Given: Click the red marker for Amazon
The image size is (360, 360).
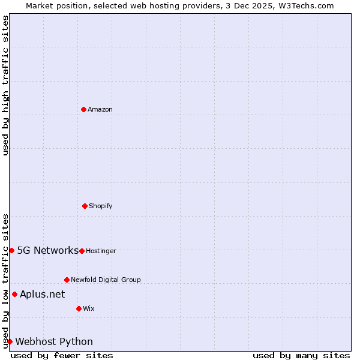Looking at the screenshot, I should point(83,109).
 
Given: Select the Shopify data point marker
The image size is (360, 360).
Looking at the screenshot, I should point(85,206).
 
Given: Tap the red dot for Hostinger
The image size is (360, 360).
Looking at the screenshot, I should point(82,251).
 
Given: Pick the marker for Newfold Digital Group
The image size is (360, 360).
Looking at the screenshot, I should point(67,280).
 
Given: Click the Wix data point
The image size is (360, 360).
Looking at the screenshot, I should point(79,308).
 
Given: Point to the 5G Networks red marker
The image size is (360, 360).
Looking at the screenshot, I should point(11,250).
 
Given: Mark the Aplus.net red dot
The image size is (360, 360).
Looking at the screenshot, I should point(14,294).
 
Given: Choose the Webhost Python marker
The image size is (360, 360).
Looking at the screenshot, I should point(10,341).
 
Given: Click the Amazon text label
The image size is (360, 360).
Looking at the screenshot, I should point(100,109).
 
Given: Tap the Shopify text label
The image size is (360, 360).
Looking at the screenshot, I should point(101,206).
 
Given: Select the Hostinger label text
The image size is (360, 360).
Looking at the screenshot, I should point(101,251).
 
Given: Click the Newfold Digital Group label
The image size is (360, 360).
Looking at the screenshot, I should point(106,280).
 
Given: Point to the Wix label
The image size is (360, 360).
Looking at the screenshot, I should point(89,308).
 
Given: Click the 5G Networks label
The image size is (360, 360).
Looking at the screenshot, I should point(47,250).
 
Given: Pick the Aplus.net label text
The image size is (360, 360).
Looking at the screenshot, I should point(42,294).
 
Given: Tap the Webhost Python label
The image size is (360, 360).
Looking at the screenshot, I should point(54,341).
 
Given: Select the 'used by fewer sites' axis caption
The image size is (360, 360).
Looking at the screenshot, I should point(62,355).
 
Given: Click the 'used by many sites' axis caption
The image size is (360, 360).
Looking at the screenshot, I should point(301,355).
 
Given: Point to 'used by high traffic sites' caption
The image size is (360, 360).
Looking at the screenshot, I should point(5,85).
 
